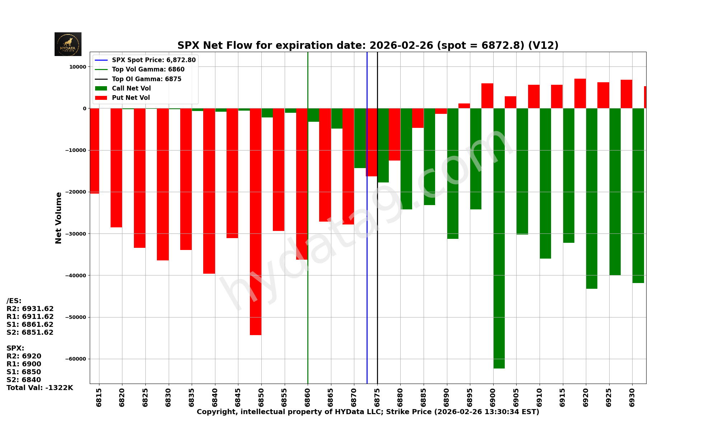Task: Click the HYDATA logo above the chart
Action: click(x=68, y=44)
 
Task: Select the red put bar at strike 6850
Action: click(x=256, y=222)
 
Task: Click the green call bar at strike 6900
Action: click(x=499, y=238)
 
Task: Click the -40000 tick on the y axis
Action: click(x=76, y=275)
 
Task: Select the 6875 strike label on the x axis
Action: click(x=377, y=397)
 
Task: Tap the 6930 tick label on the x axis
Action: click(x=632, y=397)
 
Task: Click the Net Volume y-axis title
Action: click(x=59, y=218)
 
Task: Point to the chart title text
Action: click(x=368, y=46)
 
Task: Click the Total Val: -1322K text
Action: click(x=40, y=388)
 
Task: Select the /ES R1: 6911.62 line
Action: click(x=30, y=317)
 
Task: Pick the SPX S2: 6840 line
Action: click(x=24, y=380)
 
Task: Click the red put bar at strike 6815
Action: click(x=94, y=151)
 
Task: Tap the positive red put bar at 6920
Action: click(x=580, y=93)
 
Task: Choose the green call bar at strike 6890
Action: click(x=453, y=173)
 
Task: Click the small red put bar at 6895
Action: click(x=464, y=106)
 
